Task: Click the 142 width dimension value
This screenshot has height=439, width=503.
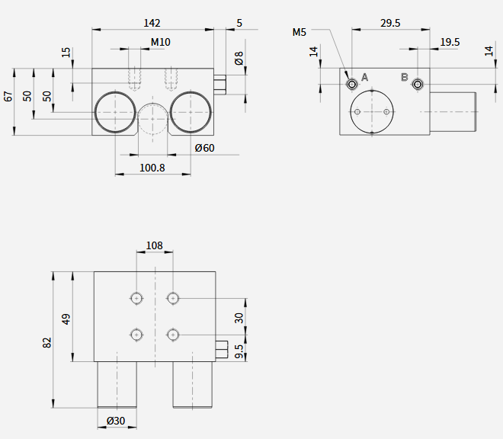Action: [152, 23]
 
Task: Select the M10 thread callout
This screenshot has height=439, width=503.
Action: [160, 42]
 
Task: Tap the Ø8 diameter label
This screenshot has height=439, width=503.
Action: [239, 58]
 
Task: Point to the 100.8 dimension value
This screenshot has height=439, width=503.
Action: [152, 168]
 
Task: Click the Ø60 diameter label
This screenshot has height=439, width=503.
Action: [205, 148]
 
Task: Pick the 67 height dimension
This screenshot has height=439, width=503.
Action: [8, 96]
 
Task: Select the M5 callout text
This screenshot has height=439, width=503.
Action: [300, 32]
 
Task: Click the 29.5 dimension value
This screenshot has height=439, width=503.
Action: [390, 23]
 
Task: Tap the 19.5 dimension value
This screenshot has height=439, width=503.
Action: [450, 42]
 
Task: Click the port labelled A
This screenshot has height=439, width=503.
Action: [352, 85]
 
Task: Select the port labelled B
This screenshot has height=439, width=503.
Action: [418, 85]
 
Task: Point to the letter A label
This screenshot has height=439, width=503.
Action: [364, 77]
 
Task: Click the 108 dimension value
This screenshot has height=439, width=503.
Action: [154, 245]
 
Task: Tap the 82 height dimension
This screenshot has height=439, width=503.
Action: [46, 342]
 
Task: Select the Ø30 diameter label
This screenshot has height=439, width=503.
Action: [116, 421]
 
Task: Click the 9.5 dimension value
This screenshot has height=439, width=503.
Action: [239, 351]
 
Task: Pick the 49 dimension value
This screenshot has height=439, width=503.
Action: [66, 319]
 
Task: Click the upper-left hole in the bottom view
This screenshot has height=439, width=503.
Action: [136, 299]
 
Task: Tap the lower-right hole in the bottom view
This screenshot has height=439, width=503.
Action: [173, 335]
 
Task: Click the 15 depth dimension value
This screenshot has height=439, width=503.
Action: [66, 53]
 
